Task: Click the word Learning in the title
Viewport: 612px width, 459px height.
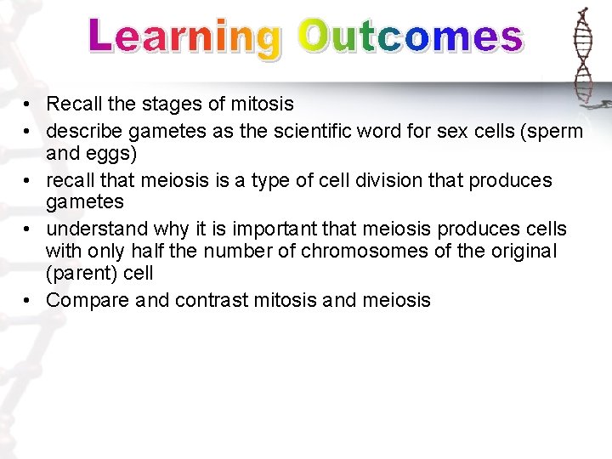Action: pos(184,38)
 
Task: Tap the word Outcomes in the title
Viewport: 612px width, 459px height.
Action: pos(411,38)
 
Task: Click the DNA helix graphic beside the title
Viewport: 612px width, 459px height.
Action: pos(583,55)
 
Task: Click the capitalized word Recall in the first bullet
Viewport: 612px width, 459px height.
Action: pos(72,105)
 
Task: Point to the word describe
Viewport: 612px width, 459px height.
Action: pos(83,131)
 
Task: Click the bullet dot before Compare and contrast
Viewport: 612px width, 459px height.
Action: pos(29,300)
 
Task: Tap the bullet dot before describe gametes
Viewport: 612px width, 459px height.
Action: pos(29,131)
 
